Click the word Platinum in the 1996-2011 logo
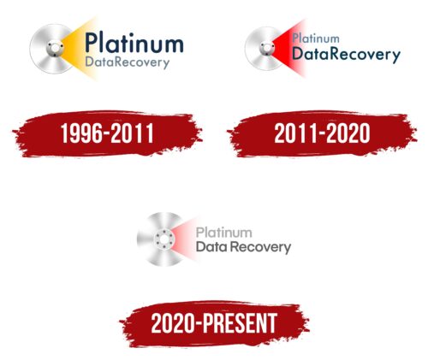134,43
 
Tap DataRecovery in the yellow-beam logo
128,62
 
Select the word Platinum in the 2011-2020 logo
316,38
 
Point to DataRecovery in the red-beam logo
346,54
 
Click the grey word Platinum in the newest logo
224,233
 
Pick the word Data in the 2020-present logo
212,246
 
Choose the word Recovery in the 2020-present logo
261,247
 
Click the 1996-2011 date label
107,133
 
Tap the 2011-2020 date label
322,133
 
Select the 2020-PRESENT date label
214,323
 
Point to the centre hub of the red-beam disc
267,49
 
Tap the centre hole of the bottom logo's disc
163,239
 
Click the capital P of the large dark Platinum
92,43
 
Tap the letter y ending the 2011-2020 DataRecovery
396,57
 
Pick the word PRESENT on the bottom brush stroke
240,323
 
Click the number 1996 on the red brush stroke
81,133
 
